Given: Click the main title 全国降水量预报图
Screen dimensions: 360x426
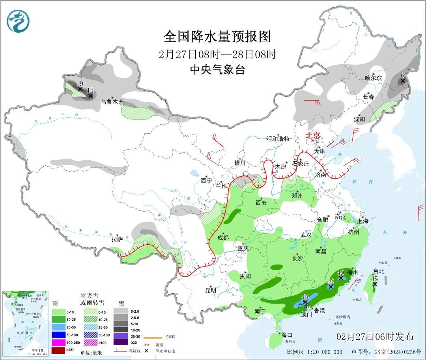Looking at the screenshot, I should (x=217, y=37).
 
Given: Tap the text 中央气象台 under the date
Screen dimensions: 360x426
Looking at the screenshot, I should (x=217, y=70).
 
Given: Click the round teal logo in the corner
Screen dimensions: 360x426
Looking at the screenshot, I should (x=18, y=21).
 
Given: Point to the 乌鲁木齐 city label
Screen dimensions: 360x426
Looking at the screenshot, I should (x=112, y=102).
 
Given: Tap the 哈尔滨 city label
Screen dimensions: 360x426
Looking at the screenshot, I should (x=373, y=78).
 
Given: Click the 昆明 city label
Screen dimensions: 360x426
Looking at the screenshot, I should (x=211, y=290).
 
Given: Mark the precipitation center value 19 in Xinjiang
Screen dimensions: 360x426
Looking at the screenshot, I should (x=79, y=84).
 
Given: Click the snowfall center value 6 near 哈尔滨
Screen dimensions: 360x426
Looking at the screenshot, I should (x=402, y=75).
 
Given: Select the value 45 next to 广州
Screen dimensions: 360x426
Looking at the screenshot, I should (x=305, y=297).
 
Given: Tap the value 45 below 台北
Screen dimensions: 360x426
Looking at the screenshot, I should (x=374, y=278).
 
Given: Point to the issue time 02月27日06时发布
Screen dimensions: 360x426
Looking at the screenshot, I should (x=375, y=337).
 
